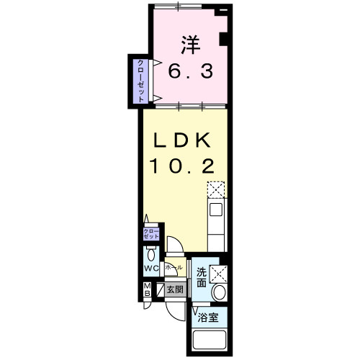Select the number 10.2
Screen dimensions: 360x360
[181, 166]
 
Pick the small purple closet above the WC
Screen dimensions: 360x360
[148, 234]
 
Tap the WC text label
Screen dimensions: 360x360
[150, 269]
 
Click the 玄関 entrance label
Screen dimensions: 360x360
[175, 290]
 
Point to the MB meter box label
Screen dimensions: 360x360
[145, 292]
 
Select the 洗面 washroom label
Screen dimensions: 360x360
[202, 278]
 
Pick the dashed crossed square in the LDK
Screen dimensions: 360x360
[216, 191]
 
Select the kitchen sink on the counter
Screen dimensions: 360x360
[216, 212]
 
